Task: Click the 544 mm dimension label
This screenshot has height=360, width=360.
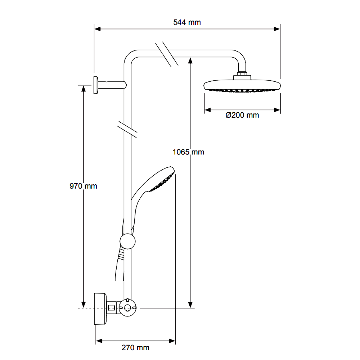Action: click(187, 22)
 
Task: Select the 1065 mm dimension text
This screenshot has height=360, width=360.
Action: click(188, 152)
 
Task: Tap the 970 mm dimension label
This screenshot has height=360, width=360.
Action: click(83, 186)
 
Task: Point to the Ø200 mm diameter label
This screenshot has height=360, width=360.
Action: click(242, 115)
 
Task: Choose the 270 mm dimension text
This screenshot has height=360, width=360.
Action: click(135, 347)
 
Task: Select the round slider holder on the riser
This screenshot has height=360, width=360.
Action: click(127, 241)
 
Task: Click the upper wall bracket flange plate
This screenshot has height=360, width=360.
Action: click(96, 85)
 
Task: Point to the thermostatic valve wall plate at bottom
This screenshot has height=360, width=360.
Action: click(100, 309)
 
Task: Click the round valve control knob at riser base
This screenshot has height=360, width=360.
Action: click(127, 308)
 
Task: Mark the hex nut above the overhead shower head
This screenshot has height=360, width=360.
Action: click(242, 76)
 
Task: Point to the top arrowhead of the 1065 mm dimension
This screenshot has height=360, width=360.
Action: click(191, 60)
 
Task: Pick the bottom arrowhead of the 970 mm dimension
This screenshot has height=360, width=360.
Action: click(83, 304)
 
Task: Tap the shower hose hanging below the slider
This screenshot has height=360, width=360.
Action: click(118, 266)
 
